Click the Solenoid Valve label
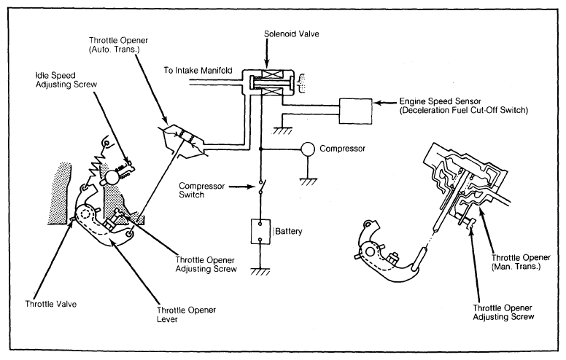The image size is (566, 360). tap(291, 34)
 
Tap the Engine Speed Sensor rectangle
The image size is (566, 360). tap(355, 111)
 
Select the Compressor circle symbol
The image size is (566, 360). tap(309, 149)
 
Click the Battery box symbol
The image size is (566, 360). tap(260, 232)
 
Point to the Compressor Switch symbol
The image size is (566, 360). tap(261, 187)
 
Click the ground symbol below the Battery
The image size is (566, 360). tap(260, 272)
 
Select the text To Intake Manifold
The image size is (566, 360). tap(198, 71)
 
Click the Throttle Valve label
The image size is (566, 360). tap(51, 304)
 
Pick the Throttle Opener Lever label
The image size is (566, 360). tap(186, 315)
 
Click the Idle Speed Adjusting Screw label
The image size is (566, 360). tap(66, 79)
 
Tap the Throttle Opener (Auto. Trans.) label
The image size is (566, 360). tap(118, 44)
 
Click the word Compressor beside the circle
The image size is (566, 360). tap(343, 149)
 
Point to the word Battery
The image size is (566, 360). tap(288, 231)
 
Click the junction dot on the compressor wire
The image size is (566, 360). tap(260, 149)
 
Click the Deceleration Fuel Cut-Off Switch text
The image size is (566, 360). tap(464, 110)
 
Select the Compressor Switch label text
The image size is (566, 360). tap(202, 190)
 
